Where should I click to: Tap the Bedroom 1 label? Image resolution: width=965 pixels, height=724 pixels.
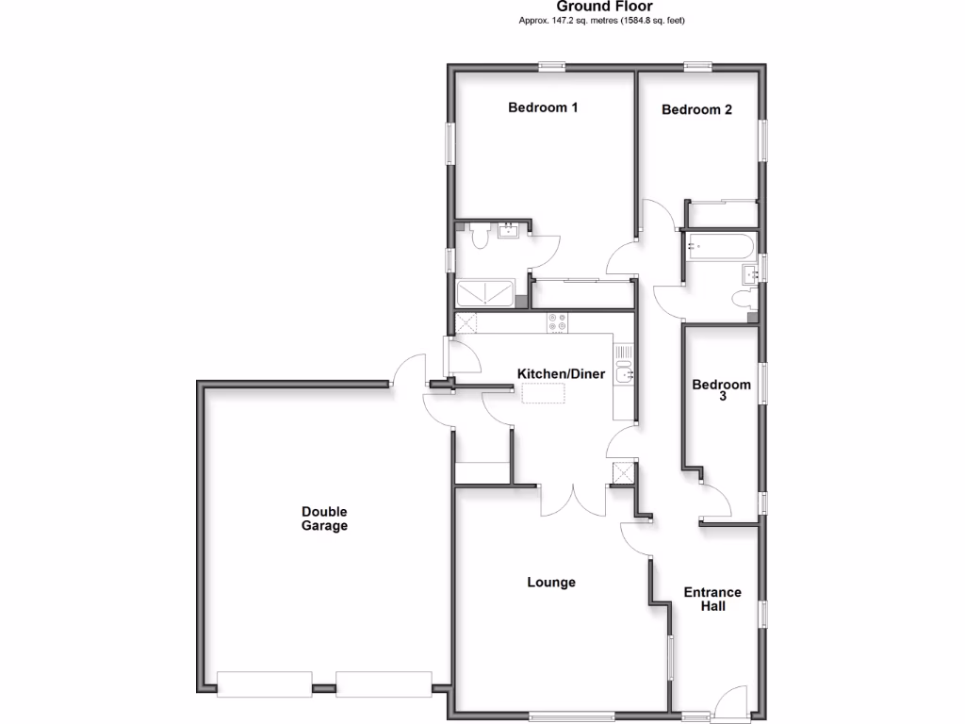(x=543, y=107)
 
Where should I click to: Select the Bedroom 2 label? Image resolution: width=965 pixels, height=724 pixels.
(x=696, y=109)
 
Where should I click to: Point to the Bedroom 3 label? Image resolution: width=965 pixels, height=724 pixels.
(x=722, y=390)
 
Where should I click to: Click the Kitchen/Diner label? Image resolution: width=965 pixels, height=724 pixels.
(x=561, y=374)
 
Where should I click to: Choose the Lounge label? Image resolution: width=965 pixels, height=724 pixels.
(x=551, y=583)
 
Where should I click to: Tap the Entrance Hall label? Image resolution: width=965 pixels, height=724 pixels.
(x=712, y=600)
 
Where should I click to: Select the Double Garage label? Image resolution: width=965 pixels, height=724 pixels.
(x=324, y=518)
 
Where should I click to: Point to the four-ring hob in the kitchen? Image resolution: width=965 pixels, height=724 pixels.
(x=557, y=322)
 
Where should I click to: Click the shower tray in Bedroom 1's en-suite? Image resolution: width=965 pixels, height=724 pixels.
(x=486, y=293)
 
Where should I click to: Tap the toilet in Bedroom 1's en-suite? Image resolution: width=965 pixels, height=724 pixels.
(x=479, y=237)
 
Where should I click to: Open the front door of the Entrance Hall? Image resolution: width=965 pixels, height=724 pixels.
(x=731, y=705)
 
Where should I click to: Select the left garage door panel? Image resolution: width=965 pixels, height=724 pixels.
(x=264, y=684)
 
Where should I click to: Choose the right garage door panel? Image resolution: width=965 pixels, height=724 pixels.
(x=384, y=684)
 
